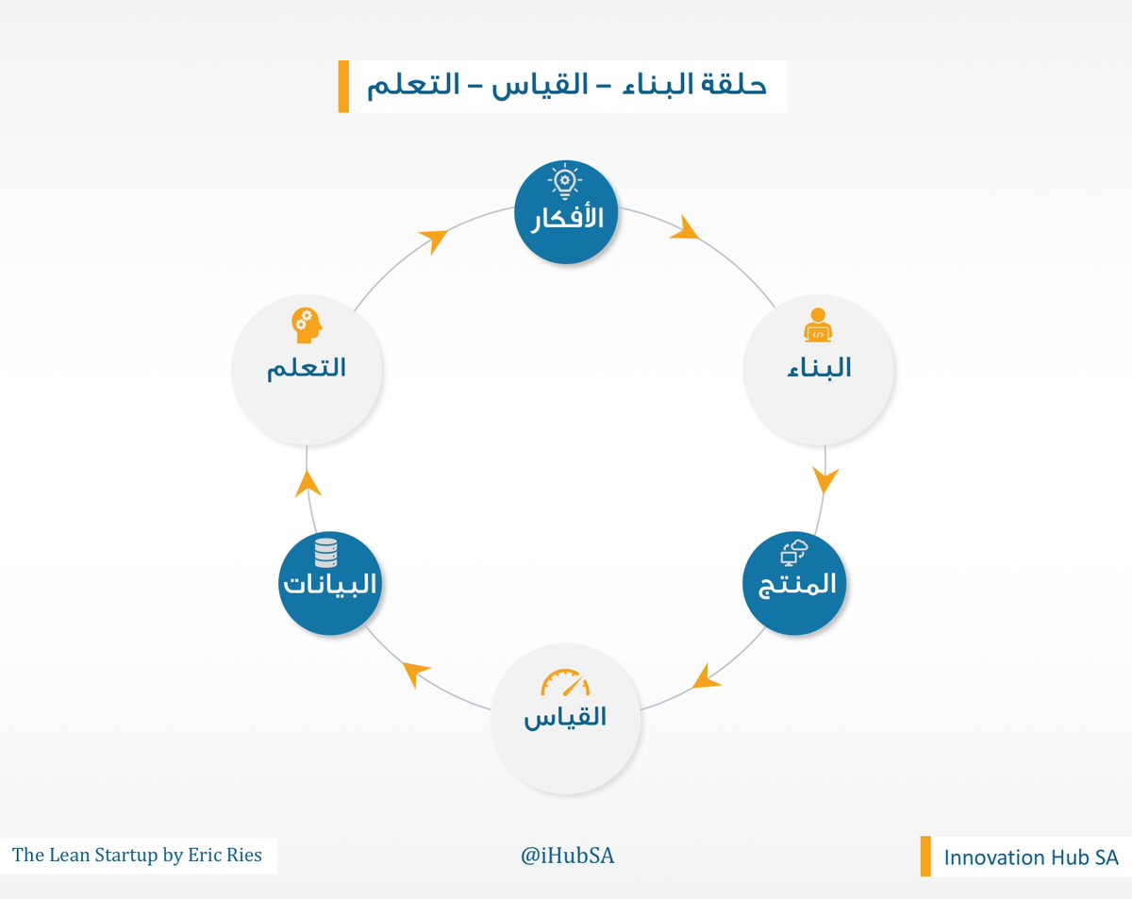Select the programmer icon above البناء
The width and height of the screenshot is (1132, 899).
click(x=818, y=326)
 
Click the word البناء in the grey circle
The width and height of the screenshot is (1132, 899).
click(x=819, y=368)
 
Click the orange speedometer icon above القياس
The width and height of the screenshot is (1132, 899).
click(x=565, y=683)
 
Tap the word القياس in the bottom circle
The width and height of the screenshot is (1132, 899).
click(x=565, y=718)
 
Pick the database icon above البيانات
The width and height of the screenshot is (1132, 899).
click(x=325, y=549)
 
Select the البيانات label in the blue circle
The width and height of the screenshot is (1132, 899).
click(x=329, y=585)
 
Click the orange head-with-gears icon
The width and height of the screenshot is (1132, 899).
click(x=307, y=325)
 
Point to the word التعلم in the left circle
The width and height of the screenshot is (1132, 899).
click(x=306, y=368)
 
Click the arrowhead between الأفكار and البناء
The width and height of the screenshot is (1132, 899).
click(x=685, y=229)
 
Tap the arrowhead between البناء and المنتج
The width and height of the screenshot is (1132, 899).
click(x=825, y=480)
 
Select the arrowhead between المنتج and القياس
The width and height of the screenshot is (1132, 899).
click(x=702, y=675)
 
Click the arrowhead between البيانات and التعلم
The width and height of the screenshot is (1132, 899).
click(x=308, y=483)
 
